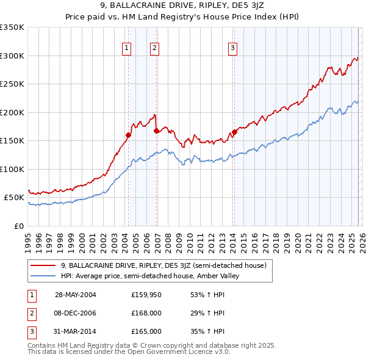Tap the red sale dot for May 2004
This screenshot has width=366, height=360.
coord(129,135)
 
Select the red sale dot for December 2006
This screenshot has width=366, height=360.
coord(156,131)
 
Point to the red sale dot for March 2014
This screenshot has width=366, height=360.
coord(234,132)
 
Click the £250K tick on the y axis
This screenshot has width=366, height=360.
coord(12,84)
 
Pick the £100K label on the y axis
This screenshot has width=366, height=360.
coord(12,169)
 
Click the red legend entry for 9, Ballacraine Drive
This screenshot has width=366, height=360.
coord(163,265)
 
